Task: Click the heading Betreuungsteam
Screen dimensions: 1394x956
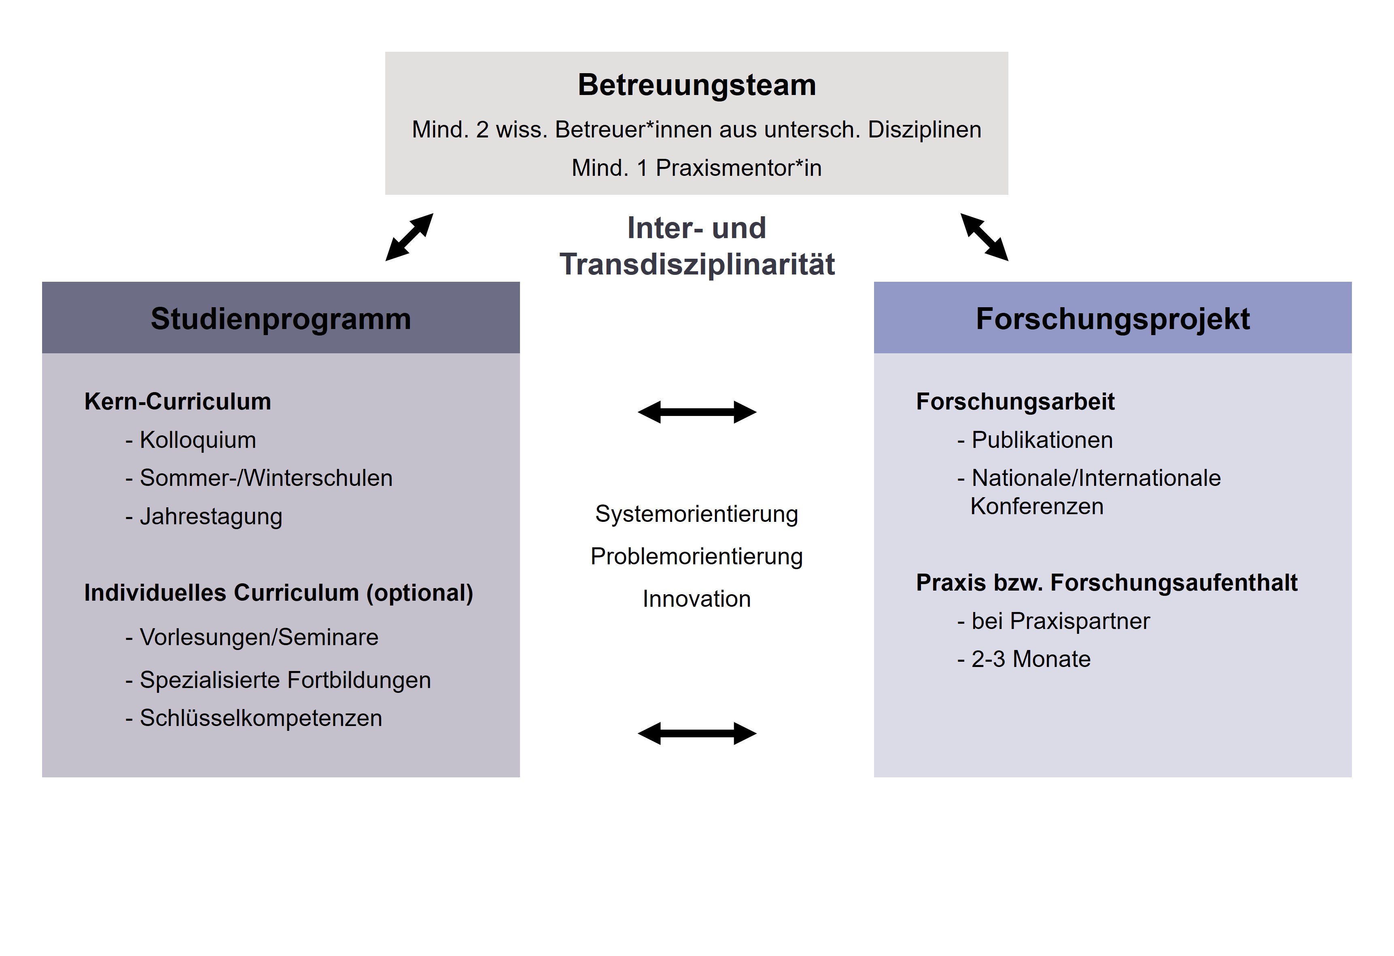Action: pos(696,84)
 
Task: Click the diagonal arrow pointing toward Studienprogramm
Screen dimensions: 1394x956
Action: pos(409,237)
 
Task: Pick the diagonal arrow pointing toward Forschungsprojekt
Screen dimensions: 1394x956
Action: pos(984,237)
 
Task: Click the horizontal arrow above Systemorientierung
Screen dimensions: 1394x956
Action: pos(697,412)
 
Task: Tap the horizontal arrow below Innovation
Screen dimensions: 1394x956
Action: pos(697,734)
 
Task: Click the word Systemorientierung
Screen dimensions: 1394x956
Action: pos(696,514)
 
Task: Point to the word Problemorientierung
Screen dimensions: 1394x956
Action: pos(696,557)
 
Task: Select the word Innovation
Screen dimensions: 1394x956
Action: pos(696,599)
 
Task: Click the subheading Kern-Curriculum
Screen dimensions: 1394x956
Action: pos(178,401)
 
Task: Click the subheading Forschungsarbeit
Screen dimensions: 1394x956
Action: pos(1016,401)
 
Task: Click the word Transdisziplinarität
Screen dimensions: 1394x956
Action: pos(697,264)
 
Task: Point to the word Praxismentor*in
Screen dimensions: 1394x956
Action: pos(738,168)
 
